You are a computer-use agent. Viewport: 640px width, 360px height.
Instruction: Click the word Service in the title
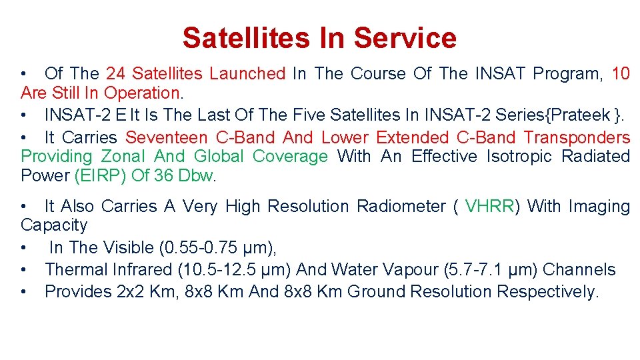[x=405, y=38]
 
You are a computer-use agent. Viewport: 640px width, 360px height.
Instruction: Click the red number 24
[x=116, y=74]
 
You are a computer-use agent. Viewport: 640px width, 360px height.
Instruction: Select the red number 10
[x=620, y=74]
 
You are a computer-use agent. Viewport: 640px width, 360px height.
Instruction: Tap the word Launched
[x=247, y=74]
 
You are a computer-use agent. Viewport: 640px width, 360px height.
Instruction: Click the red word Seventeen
[x=167, y=138]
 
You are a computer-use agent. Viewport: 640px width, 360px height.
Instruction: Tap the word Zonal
[x=124, y=157]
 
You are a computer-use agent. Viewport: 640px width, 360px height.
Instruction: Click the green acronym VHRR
[x=490, y=207]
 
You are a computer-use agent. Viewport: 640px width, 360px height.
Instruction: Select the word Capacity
[x=54, y=225]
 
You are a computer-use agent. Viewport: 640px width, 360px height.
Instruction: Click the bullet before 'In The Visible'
[x=24, y=248]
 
